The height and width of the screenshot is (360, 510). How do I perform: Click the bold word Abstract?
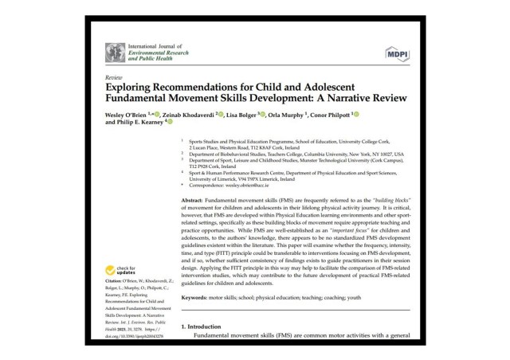point(196,199)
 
